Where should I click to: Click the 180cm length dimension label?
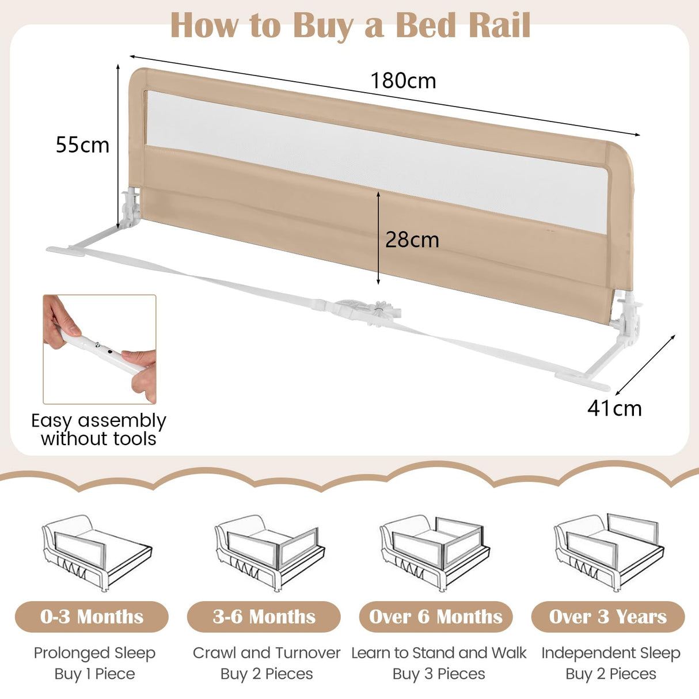403,81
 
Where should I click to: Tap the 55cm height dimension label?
82,145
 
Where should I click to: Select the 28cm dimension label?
412,240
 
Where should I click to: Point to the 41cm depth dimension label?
614,408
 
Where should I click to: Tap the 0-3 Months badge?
92,617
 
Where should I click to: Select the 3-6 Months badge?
264,617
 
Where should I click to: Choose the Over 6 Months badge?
436,617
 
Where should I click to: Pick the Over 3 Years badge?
608,617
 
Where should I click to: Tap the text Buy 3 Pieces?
439,674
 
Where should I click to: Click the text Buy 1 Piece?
94,674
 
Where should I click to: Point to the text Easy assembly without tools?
98,430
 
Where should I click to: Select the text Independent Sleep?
610,653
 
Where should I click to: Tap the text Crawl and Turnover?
267,653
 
